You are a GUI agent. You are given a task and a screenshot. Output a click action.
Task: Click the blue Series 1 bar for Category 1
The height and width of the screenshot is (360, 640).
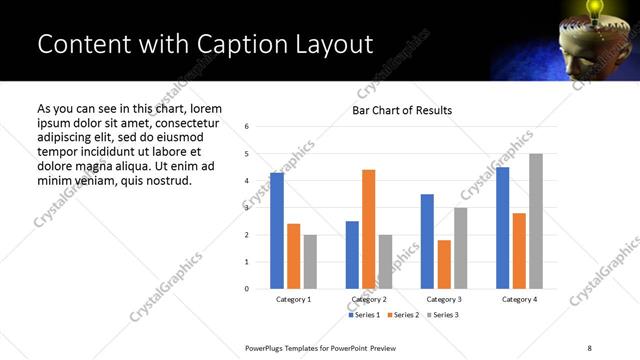[277, 231]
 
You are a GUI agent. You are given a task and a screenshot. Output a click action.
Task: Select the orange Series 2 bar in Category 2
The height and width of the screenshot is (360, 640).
[368, 229]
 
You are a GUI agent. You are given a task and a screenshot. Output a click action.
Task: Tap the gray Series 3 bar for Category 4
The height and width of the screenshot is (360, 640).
[536, 221]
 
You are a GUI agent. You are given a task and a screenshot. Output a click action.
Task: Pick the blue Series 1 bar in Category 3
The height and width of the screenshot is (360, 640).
[427, 241]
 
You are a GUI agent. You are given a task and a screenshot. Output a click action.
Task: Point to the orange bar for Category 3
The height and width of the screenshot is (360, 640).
[444, 264]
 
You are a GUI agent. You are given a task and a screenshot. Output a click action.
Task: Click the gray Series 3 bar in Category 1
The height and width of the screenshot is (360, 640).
[310, 262]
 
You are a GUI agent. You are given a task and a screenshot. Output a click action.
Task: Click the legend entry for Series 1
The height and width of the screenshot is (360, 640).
[365, 315]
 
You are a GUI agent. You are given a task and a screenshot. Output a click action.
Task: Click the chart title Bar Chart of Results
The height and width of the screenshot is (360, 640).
[402, 110]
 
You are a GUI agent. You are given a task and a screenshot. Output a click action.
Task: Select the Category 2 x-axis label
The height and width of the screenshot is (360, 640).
[369, 299]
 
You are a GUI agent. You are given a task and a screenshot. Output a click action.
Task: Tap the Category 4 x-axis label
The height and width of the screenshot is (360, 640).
[519, 299]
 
